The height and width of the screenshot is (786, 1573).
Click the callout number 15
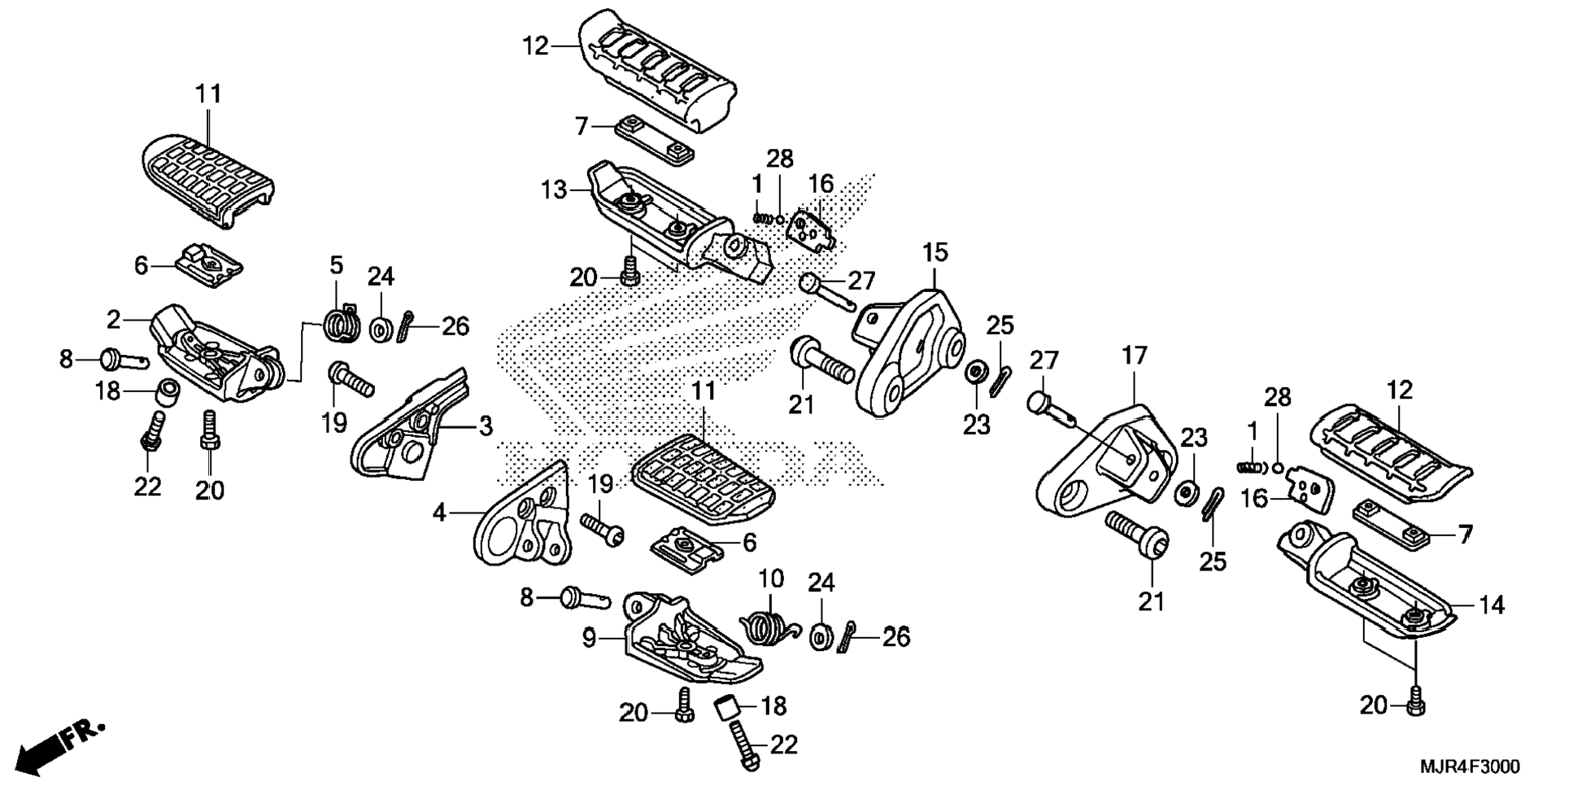coord(935,252)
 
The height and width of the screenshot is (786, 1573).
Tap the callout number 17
coord(1135,356)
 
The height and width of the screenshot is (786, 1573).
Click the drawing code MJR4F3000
coord(1470,766)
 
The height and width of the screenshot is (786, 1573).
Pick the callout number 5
coord(336,264)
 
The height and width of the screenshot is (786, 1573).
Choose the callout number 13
coord(554,190)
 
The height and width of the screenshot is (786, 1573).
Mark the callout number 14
coord(1492,605)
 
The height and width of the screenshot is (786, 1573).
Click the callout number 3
coord(486,426)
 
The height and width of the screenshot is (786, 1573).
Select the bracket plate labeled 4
coord(523,513)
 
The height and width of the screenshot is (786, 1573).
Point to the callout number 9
coord(590,639)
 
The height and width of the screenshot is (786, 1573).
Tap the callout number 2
coord(114,320)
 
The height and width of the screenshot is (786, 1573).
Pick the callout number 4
coord(439,513)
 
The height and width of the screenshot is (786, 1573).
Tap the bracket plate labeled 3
coord(410,427)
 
